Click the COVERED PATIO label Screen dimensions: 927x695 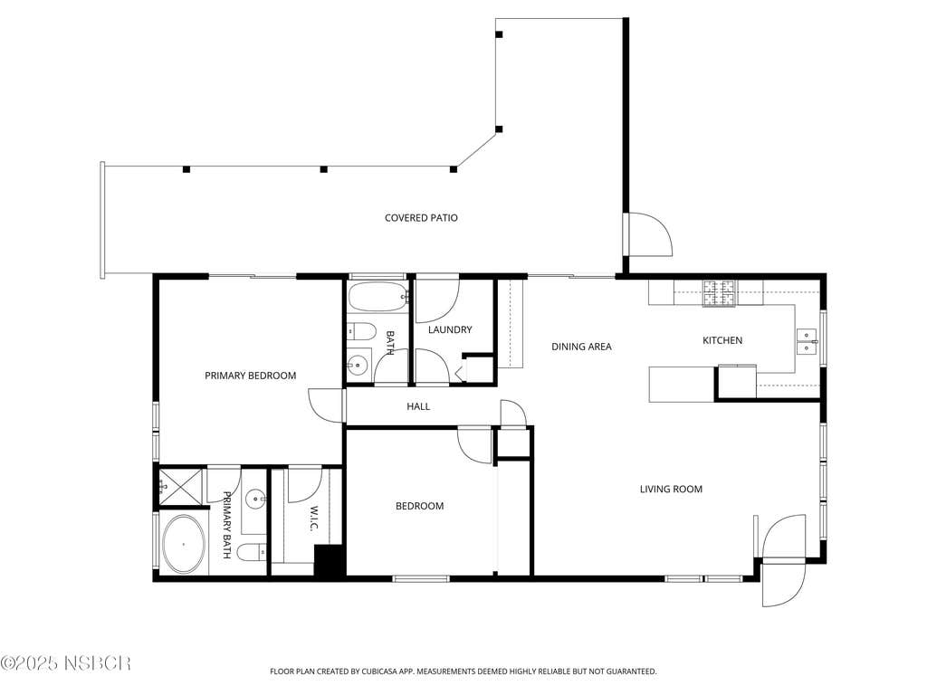pos(421,218)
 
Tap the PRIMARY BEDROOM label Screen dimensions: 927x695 pos(250,376)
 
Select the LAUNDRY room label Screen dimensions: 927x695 pos(450,329)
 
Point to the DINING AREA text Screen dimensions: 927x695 pos(581,347)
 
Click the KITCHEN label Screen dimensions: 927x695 pos(722,340)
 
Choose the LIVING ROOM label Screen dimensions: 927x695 pos(671,490)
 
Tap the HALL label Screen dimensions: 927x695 pos(418,406)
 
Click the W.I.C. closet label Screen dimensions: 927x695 pos(313,519)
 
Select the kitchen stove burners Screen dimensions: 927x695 pos(720,293)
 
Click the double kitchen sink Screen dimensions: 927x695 pos(807,341)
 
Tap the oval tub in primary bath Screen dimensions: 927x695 pos(184,544)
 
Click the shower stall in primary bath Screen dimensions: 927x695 pos(180,488)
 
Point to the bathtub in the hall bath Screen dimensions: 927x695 pos(378,297)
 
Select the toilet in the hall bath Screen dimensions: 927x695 pos(360,332)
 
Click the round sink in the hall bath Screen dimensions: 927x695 pos(357,366)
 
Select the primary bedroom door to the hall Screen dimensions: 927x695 pos(326,405)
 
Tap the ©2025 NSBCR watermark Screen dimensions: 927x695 pos(65,663)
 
